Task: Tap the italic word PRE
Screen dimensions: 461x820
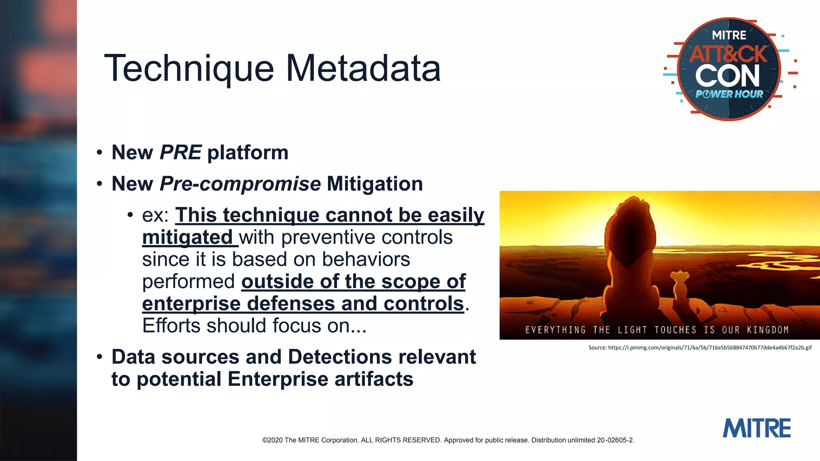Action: pyautogui.click(x=181, y=152)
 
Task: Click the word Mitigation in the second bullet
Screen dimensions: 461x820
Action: pyautogui.click(x=375, y=184)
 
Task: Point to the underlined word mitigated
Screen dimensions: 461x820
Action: pyautogui.click(x=187, y=237)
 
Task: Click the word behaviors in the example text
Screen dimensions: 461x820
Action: pyautogui.click(x=366, y=259)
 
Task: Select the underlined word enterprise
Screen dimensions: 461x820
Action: pyautogui.click(x=191, y=303)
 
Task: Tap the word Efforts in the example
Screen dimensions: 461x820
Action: pyautogui.click(x=171, y=325)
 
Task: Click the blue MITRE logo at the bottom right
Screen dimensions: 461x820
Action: pyautogui.click(x=756, y=428)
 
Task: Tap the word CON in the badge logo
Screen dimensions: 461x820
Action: pyautogui.click(x=728, y=76)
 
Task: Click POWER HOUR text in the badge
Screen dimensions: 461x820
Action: pyautogui.click(x=729, y=94)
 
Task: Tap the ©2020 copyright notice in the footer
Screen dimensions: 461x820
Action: pyautogui.click(x=448, y=440)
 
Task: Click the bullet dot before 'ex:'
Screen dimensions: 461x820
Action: pyautogui.click(x=130, y=215)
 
